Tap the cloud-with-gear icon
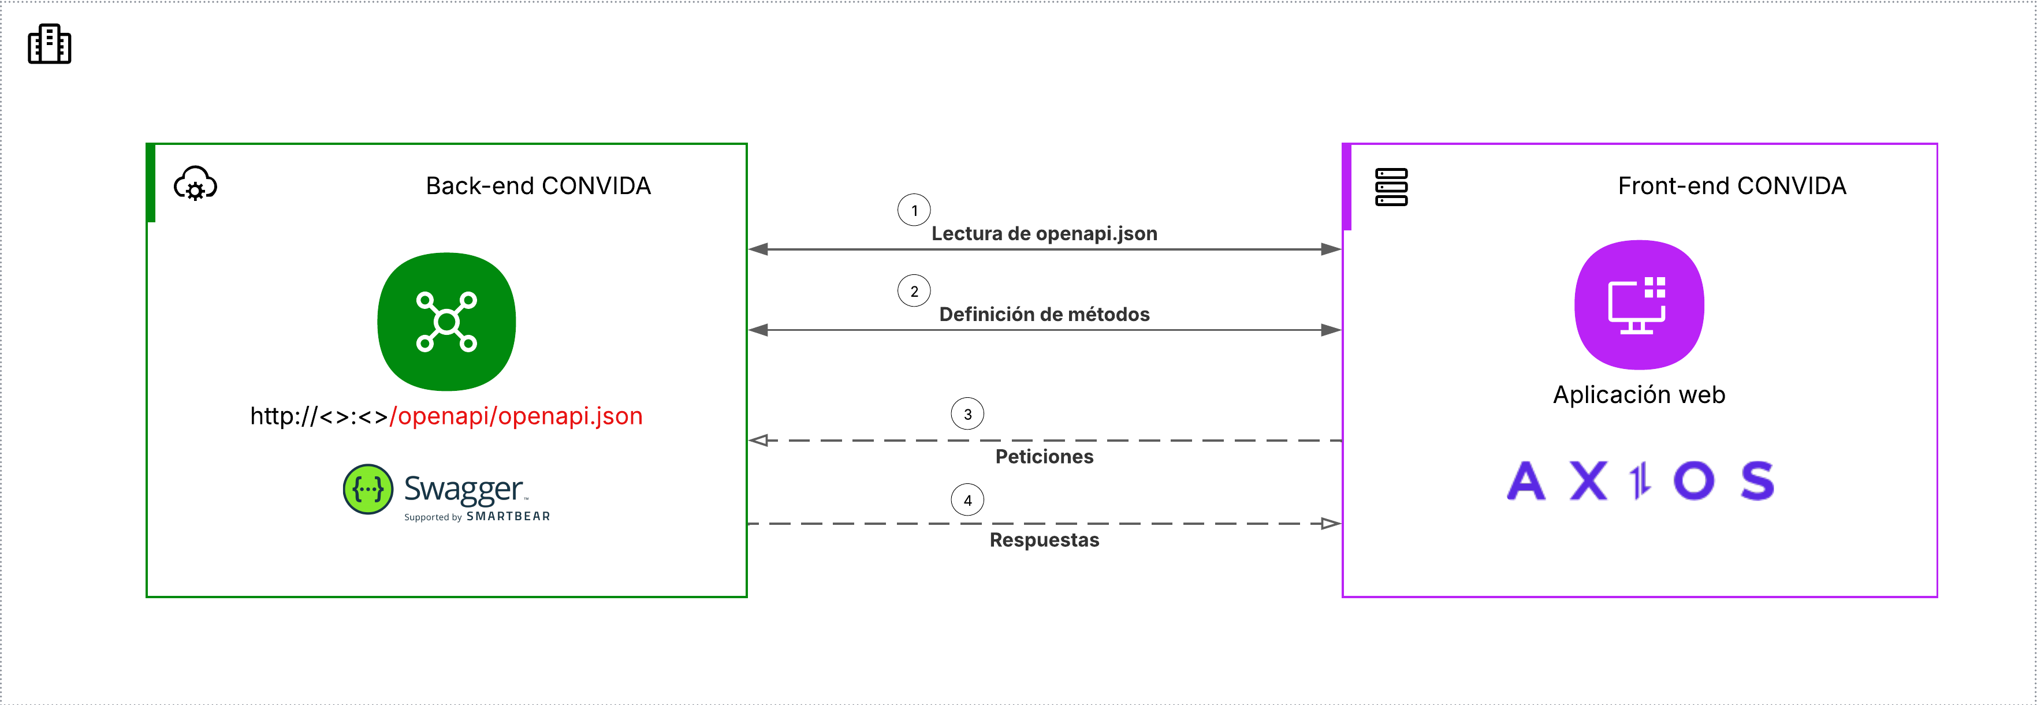click(x=195, y=184)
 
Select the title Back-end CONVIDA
click(x=538, y=186)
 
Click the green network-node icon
click(x=447, y=322)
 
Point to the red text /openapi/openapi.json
click(x=516, y=416)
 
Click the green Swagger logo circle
click(x=368, y=489)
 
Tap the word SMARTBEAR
click(x=508, y=516)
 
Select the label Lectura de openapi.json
click(x=1044, y=233)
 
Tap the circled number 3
click(x=967, y=413)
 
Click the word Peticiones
click(x=1044, y=456)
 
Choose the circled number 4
click(x=967, y=499)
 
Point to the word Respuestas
click(x=1044, y=540)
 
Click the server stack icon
click(x=1391, y=186)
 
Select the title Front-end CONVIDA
click(x=1731, y=186)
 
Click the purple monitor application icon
click(x=1638, y=305)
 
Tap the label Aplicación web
click(x=1638, y=394)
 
